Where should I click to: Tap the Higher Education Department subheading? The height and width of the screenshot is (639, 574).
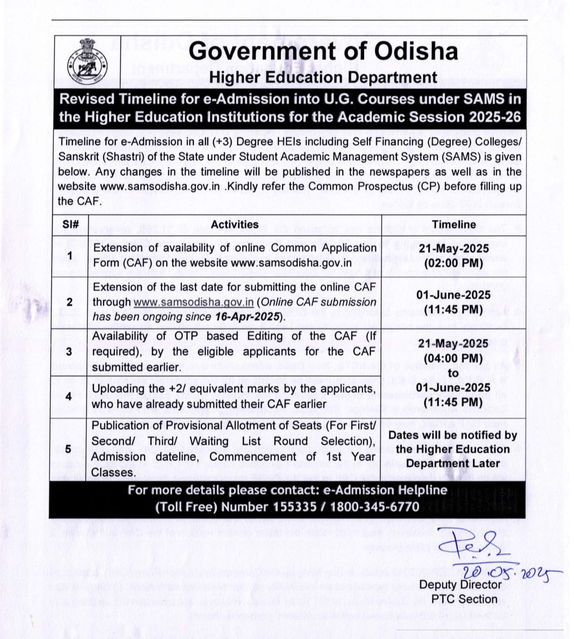click(323, 78)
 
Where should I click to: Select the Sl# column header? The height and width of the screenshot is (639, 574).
click(71, 224)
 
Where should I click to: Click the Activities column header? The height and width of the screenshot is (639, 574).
click(234, 224)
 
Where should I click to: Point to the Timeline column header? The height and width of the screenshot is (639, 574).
click(453, 224)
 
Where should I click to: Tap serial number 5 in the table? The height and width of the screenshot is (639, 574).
click(68, 449)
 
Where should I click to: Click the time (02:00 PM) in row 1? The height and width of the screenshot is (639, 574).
click(453, 263)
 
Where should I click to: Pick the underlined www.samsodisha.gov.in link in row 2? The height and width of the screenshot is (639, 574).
click(193, 302)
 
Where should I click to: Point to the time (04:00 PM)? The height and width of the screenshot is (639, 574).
click(453, 359)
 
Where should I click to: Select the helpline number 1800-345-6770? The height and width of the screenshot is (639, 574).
click(375, 506)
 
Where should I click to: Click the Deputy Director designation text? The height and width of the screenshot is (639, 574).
click(460, 584)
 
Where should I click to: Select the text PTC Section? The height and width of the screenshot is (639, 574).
click(464, 599)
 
